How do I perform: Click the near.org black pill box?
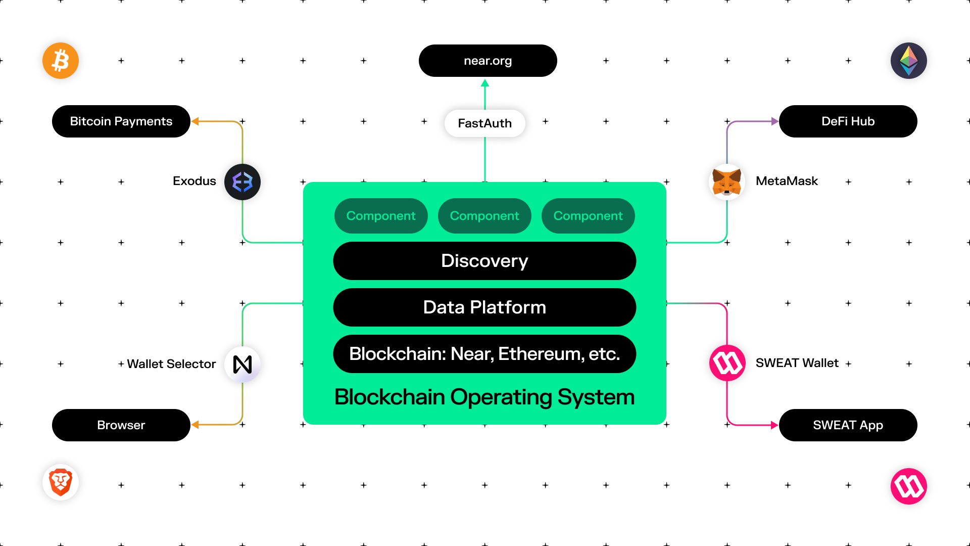click(488, 61)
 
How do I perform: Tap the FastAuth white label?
click(484, 123)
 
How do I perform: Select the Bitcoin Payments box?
click(121, 121)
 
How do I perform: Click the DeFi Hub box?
click(848, 121)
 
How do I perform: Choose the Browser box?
click(121, 425)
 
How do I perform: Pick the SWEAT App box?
click(848, 425)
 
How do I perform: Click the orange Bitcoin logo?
click(61, 61)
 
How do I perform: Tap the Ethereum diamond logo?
click(908, 61)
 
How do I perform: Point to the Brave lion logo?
click(61, 482)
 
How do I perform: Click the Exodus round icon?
click(243, 182)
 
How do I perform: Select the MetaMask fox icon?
click(727, 182)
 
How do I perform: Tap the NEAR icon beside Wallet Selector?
click(243, 364)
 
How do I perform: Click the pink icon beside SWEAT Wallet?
click(727, 363)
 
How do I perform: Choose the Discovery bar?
click(484, 261)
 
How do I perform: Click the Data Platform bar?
click(484, 307)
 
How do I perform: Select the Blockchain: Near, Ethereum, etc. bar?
click(484, 354)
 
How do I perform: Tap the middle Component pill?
click(484, 216)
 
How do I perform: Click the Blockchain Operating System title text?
click(484, 397)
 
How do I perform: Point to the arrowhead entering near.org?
click(485, 83)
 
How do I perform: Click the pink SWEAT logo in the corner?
click(908, 486)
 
